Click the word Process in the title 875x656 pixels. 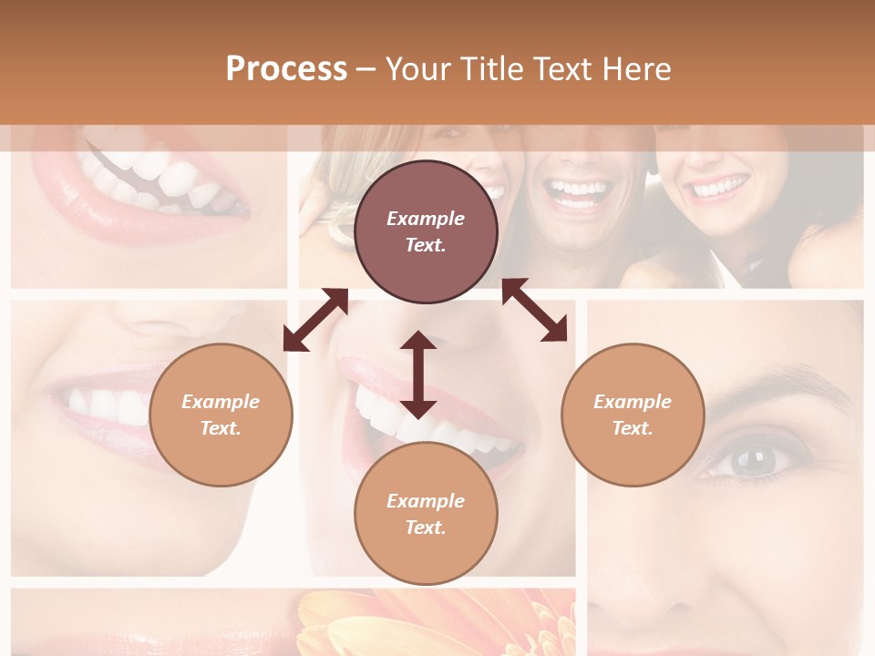(x=286, y=69)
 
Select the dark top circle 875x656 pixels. (x=426, y=231)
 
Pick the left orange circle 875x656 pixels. (x=221, y=415)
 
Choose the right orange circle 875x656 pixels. (x=633, y=415)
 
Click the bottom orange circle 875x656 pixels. (x=426, y=513)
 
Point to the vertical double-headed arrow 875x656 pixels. (x=418, y=374)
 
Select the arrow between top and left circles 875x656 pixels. (x=315, y=320)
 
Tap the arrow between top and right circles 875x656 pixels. (x=535, y=310)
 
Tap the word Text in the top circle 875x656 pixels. (x=426, y=245)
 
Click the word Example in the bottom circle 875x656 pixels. (x=426, y=500)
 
